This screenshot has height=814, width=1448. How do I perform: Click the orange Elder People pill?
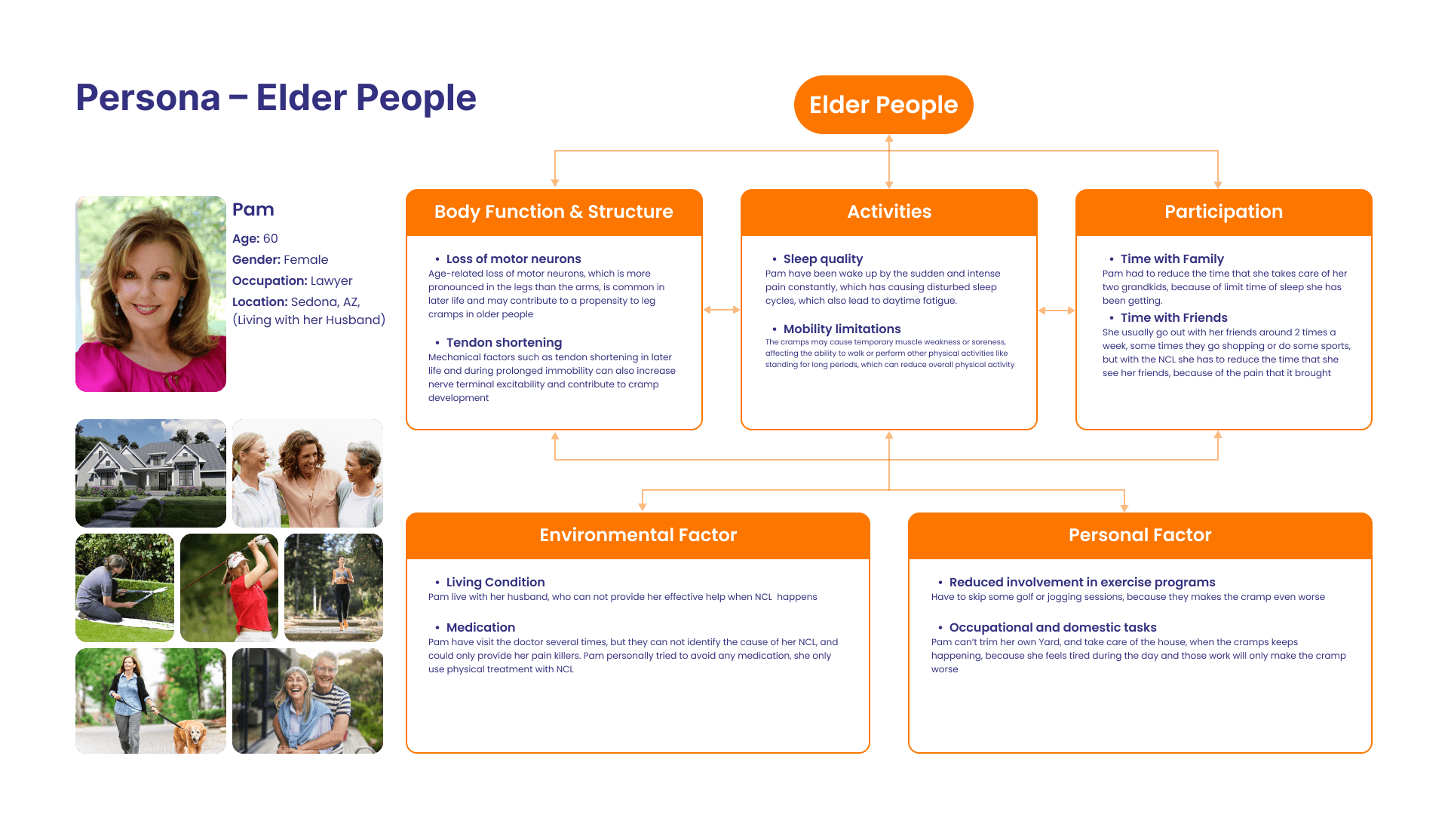(883, 105)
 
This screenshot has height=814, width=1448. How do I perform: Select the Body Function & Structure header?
(554, 212)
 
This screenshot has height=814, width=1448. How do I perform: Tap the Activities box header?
(889, 212)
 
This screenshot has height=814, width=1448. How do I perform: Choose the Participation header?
(1223, 212)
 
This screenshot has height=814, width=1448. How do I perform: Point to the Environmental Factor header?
(638, 535)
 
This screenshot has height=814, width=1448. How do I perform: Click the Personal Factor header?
(1140, 535)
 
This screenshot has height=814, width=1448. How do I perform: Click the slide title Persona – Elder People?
(276, 98)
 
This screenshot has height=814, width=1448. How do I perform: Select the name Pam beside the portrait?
(253, 210)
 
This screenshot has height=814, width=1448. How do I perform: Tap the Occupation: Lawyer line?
(293, 280)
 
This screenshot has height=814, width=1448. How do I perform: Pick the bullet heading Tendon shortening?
(504, 342)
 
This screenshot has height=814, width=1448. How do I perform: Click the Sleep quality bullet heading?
(823, 259)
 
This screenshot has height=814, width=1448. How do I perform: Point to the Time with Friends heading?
(1173, 317)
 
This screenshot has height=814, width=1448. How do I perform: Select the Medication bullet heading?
(480, 627)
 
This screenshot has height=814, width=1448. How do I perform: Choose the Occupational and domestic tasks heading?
(1053, 627)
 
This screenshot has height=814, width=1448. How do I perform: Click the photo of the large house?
(151, 473)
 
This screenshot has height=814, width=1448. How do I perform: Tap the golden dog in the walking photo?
(192, 735)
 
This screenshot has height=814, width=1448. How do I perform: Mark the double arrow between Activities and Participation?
(1057, 311)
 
